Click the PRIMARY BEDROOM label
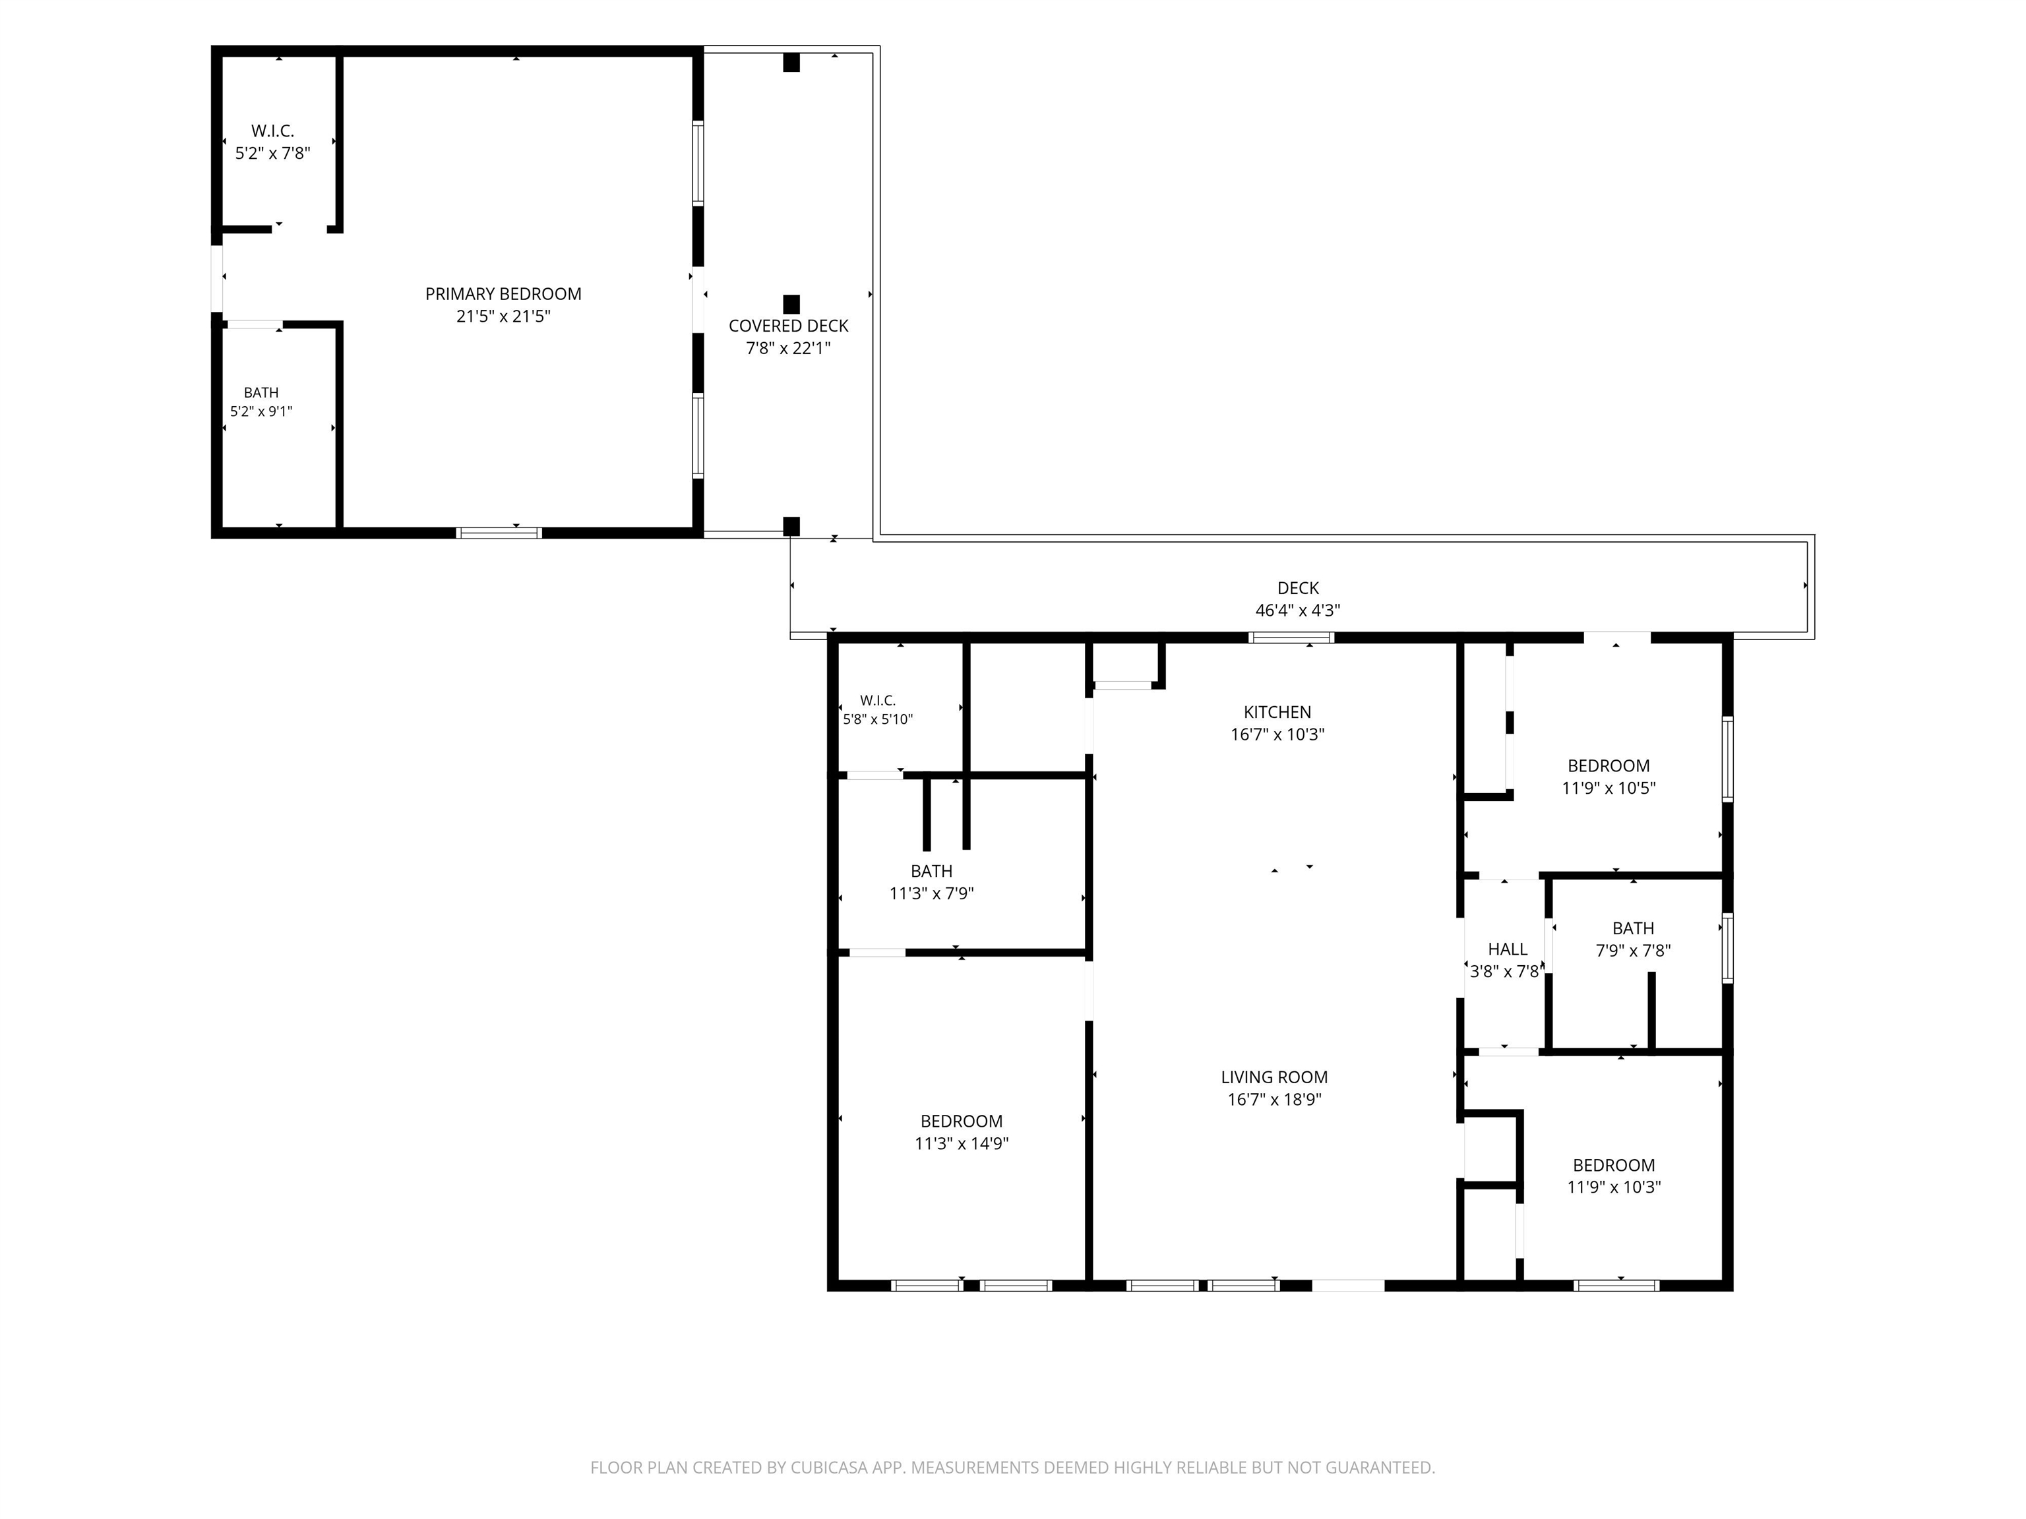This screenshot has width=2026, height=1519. (x=503, y=294)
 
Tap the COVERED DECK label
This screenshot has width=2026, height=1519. (x=789, y=326)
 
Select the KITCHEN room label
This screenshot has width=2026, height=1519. (x=1277, y=712)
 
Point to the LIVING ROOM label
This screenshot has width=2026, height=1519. (x=1274, y=1078)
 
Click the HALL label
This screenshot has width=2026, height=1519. (x=1508, y=949)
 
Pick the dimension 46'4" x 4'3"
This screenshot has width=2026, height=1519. (x=1298, y=611)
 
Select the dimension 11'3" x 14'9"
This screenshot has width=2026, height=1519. (x=962, y=1144)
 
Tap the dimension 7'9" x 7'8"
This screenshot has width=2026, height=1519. (x=1633, y=951)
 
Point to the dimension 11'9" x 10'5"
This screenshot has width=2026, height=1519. (x=1609, y=789)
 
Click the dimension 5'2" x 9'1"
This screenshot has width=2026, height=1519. (x=261, y=412)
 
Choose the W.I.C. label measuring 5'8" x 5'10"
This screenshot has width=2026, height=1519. (x=877, y=700)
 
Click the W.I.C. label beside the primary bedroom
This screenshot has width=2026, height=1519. (x=273, y=132)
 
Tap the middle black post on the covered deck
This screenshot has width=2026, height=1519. (x=791, y=304)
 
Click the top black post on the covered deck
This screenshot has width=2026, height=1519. (x=791, y=62)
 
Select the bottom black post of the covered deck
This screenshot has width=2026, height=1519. (x=791, y=527)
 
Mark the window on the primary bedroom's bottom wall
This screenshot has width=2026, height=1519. (x=499, y=533)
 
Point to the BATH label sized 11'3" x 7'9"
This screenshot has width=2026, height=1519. (x=931, y=872)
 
